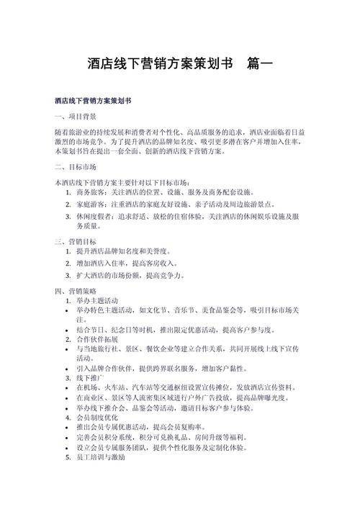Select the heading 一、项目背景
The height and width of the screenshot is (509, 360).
click(x=76, y=116)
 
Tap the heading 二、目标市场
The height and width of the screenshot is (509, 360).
click(x=76, y=166)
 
